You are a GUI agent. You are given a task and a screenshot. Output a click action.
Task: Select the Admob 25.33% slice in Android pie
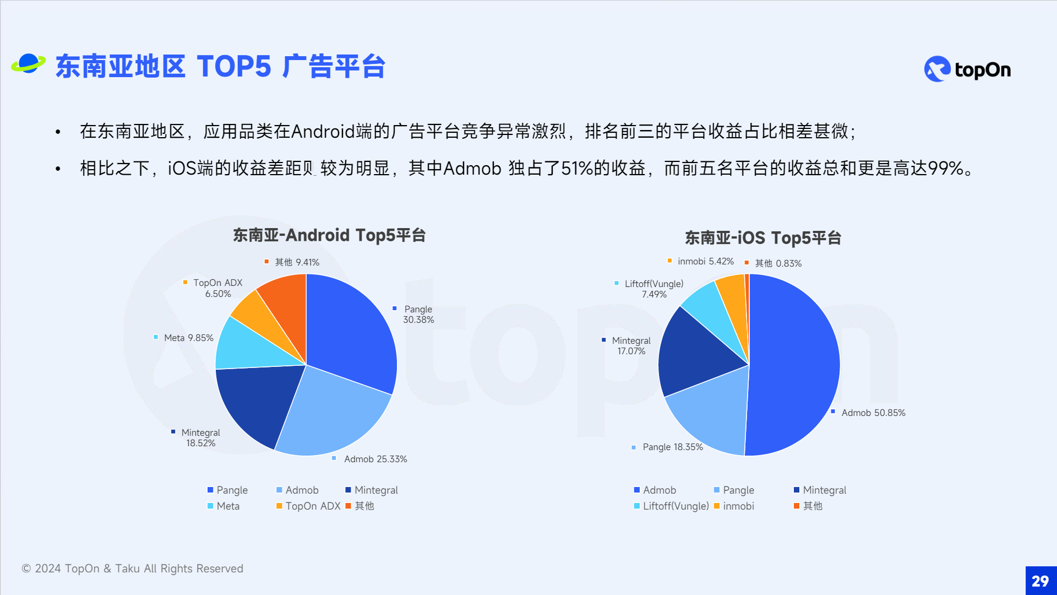[330, 413]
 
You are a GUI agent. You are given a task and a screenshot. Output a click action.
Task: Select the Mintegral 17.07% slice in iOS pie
[696, 353]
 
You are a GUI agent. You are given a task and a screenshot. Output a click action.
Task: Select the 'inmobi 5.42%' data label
[701, 261]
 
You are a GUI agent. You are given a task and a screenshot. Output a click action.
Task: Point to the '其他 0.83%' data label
[773, 263]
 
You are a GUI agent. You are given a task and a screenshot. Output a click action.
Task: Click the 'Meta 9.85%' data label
[183, 338]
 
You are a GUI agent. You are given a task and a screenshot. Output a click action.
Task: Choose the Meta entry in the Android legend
[224, 506]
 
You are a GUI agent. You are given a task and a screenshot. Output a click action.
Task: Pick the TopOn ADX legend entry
[308, 506]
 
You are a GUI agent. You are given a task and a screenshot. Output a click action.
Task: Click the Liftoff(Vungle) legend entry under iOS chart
[672, 506]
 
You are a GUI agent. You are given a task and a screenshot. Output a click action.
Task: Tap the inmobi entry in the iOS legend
[734, 506]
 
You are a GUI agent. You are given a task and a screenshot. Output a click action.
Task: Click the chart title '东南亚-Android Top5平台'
[329, 235]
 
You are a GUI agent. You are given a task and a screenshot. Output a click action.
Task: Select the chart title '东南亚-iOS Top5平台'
[763, 238]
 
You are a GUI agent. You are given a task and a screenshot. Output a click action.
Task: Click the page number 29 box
[1040, 581]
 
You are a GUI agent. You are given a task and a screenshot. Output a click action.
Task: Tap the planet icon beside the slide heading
[28, 64]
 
